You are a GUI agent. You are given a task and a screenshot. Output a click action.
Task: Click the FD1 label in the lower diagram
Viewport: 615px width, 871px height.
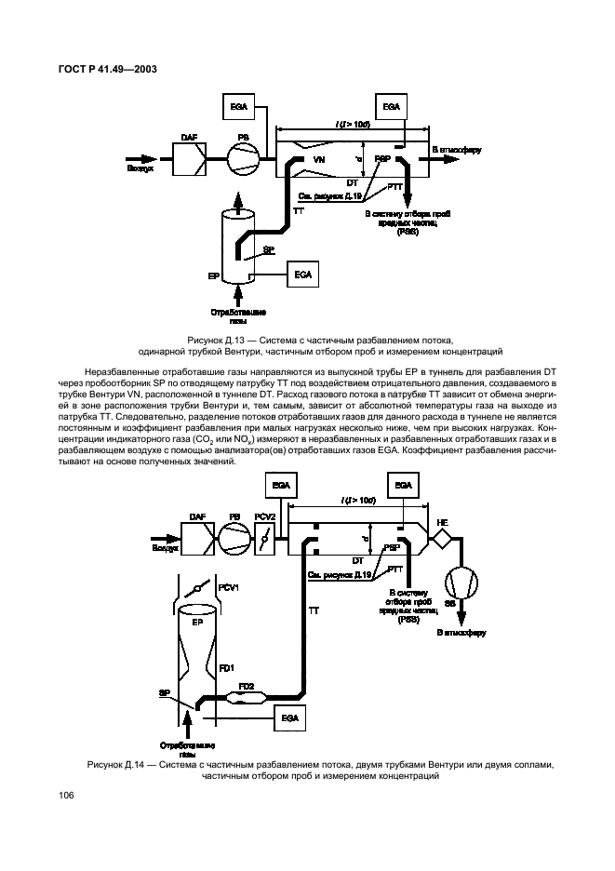pyautogui.click(x=226, y=666)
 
